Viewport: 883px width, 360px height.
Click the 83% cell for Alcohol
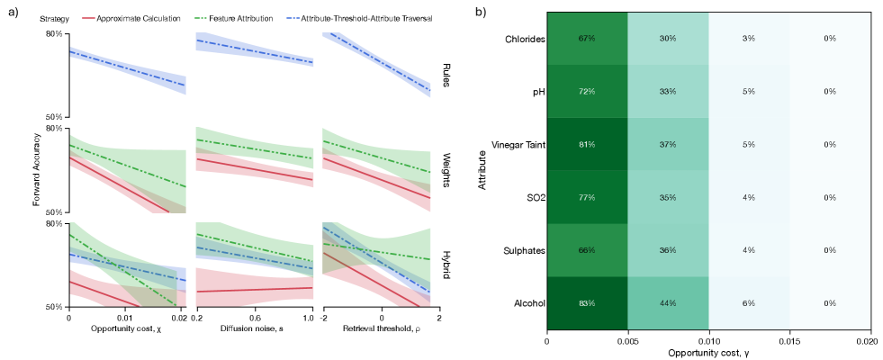588,303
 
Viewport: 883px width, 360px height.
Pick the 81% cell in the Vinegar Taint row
588,144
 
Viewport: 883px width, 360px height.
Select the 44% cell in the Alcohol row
668,303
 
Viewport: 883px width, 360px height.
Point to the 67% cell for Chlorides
588,39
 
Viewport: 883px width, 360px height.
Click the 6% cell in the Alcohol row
749,303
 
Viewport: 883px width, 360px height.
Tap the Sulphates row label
523,250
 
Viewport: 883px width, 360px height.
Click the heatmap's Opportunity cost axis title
709,354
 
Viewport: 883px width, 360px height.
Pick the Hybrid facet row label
446,265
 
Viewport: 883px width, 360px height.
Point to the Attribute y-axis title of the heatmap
482,171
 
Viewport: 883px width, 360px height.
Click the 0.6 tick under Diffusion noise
254,318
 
